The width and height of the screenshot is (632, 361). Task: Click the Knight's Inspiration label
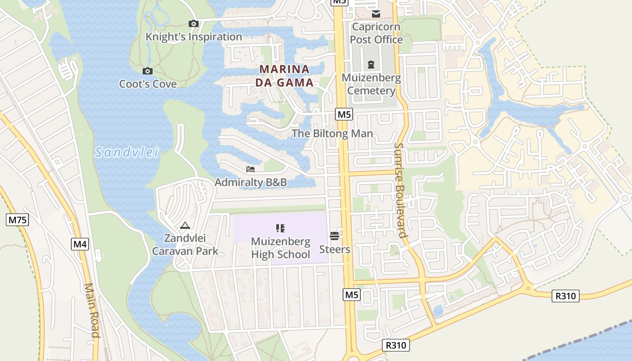194,37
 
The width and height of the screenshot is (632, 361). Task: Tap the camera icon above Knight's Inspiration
194,24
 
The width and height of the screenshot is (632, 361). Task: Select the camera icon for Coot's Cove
148,71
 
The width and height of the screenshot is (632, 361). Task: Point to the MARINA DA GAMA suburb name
284,76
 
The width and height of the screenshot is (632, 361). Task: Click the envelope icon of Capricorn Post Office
376,14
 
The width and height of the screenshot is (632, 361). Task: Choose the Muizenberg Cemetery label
371,84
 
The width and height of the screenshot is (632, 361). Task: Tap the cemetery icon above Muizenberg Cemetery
371,65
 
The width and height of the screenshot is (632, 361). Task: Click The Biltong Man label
332,134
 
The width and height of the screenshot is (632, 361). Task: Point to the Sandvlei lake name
127,153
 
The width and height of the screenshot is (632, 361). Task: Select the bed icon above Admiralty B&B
251,169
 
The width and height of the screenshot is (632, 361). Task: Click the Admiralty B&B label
251,183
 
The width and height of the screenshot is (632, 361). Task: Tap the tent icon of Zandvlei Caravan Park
185,225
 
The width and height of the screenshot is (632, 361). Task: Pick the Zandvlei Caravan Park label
185,245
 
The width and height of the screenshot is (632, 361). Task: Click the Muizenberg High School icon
280,228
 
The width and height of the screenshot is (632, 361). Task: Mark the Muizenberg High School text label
280,248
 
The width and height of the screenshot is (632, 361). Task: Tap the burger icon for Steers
335,236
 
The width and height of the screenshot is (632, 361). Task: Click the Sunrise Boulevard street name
400,190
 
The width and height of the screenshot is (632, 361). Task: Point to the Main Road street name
92,310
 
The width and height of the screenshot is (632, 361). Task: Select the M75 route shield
18,220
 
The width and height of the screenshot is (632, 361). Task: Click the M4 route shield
80,245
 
